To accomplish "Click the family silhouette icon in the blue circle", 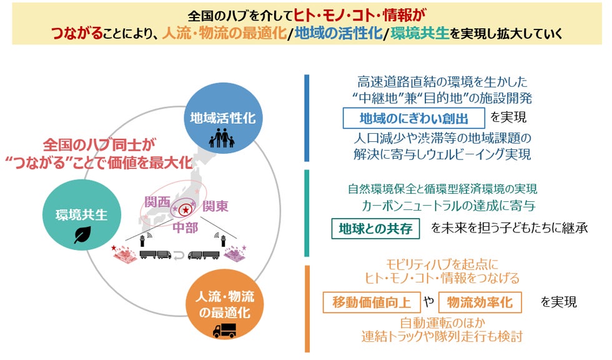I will click(x=221, y=139).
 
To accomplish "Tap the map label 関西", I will click(x=157, y=202).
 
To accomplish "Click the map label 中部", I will click(x=185, y=227).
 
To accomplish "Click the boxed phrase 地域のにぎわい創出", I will click(x=414, y=117).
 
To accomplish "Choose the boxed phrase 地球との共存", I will click(x=375, y=229).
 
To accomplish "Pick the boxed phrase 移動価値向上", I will click(x=371, y=302).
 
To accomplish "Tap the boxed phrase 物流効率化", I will click(x=480, y=302).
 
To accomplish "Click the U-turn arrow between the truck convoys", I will click(x=179, y=254).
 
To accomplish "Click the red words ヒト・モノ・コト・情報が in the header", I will click(x=358, y=14).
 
